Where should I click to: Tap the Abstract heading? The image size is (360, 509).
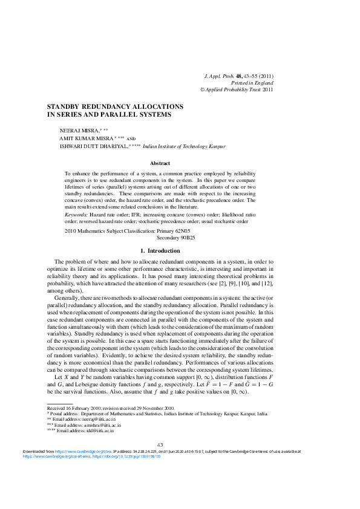click(160, 163)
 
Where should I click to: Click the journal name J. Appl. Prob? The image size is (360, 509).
click(221, 76)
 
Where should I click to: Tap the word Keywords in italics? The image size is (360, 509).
click(76, 215)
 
